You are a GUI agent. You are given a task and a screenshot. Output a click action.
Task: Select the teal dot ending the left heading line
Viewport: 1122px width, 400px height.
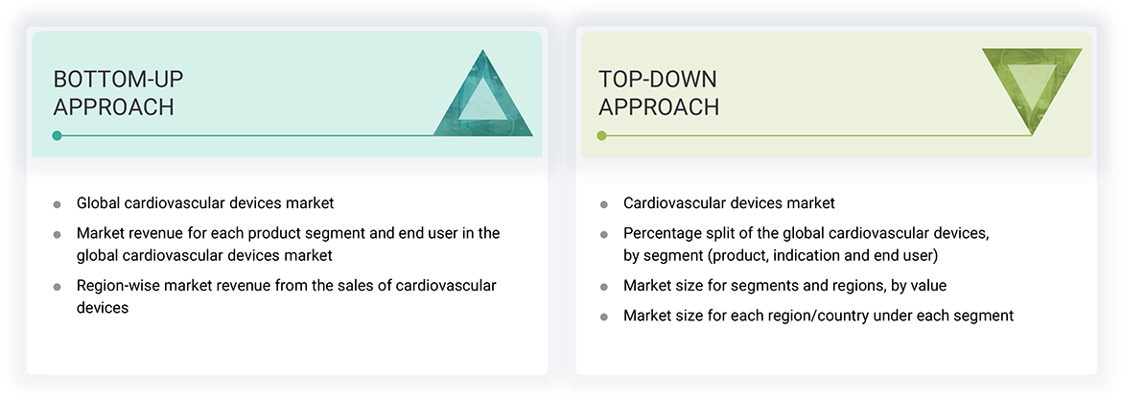click(58, 135)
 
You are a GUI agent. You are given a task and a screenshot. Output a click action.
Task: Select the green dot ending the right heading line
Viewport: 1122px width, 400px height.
click(602, 135)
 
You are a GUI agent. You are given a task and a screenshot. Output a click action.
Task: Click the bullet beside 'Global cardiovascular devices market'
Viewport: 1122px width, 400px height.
click(58, 204)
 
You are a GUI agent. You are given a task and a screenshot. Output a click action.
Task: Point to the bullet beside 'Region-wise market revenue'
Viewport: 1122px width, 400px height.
click(58, 287)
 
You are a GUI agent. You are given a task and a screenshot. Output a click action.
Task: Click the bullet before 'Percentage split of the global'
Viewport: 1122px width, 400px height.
click(603, 234)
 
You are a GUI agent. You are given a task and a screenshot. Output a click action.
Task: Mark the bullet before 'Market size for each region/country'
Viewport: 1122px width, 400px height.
click(603, 317)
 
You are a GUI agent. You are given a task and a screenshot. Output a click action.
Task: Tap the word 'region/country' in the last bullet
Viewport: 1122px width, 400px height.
click(802, 316)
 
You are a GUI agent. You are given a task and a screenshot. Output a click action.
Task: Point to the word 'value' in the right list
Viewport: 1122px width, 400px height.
click(926, 286)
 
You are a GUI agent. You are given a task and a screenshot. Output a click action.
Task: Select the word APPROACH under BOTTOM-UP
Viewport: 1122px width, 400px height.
click(113, 106)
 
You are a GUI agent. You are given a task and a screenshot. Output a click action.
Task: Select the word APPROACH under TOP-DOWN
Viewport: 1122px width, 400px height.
click(658, 106)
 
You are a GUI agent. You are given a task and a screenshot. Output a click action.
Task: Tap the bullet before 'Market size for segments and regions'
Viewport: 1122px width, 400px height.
click(603, 287)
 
